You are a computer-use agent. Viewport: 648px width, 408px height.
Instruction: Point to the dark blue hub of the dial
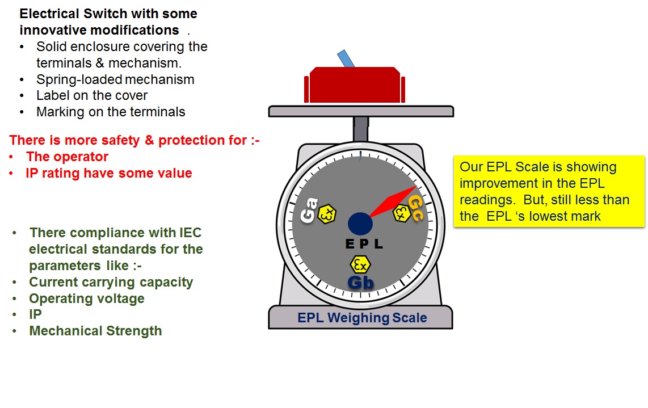(360, 222)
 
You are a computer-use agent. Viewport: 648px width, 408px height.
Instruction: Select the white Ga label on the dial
(309, 211)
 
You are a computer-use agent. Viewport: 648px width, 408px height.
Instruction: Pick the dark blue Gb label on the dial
(360, 282)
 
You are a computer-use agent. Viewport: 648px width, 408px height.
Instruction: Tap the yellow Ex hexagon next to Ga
(327, 214)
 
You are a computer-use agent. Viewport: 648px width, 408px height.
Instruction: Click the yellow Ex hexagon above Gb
(360, 264)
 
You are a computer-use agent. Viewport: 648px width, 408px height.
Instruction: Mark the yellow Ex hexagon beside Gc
(402, 212)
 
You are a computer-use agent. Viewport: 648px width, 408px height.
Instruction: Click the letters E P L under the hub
(364, 245)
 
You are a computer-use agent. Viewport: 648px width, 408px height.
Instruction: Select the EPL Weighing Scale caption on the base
(362, 318)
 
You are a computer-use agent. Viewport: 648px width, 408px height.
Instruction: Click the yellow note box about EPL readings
(549, 191)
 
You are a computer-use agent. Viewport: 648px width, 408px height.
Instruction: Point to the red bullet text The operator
(67, 157)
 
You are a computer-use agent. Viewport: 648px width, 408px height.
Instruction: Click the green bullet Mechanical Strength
(95, 331)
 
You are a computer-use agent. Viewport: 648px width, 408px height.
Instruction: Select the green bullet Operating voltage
(87, 298)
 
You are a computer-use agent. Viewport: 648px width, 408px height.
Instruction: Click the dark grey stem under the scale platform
(360, 129)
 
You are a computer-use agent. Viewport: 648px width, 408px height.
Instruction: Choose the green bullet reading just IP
(35, 314)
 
